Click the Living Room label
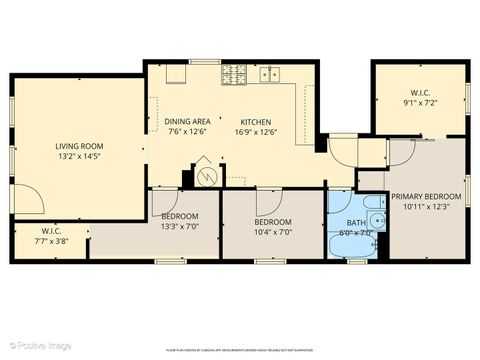[79, 146]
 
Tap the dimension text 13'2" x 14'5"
[79, 157]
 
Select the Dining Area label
[186, 121]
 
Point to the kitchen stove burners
[233, 73]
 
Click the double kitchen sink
[268, 73]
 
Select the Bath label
[356, 222]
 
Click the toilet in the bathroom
[376, 221]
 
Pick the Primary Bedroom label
[426, 196]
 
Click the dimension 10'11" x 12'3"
[426, 207]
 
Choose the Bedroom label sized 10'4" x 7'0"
[271, 221]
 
